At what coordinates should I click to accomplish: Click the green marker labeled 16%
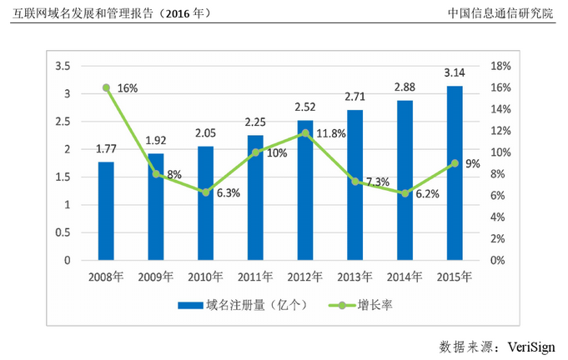pos(106,87)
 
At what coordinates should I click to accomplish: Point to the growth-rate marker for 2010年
pos(205,192)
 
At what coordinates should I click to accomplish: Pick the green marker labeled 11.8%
pos(305,132)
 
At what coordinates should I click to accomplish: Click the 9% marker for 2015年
pos(455,163)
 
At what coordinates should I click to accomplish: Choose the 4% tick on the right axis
pos(498,217)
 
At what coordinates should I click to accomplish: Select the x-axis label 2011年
pos(255,275)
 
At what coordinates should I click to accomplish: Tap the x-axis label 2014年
pos(405,275)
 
